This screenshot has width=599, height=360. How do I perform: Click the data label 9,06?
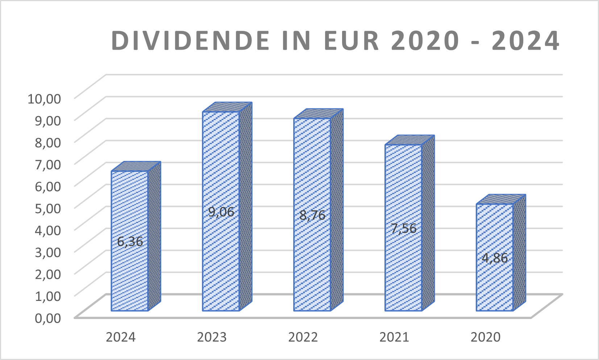pyautogui.click(x=221, y=212)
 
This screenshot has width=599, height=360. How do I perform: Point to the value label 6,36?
pyautogui.click(x=130, y=241)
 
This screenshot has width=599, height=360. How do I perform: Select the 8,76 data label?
pyautogui.click(x=312, y=215)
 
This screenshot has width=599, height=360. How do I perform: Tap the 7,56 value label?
pyautogui.click(x=403, y=228)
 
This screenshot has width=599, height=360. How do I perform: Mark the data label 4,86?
pyautogui.click(x=495, y=258)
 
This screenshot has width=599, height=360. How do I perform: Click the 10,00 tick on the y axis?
pyautogui.click(x=44, y=98)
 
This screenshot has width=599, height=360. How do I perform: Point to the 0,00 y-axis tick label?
pyautogui.click(x=48, y=318)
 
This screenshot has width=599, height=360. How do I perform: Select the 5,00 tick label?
pyautogui.click(x=48, y=208)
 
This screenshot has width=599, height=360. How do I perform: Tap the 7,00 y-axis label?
pyautogui.click(x=48, y=164)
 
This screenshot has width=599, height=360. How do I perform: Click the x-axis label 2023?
pyautogui.click(x=212, y=337)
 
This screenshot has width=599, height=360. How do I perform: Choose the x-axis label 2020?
pyautogui.click(x=485, y=337)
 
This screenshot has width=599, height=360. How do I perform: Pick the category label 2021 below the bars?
pyautogui.click(x=394, y=337)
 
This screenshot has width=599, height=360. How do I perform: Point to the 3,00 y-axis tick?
pyautogui.click(x=48, y=252)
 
